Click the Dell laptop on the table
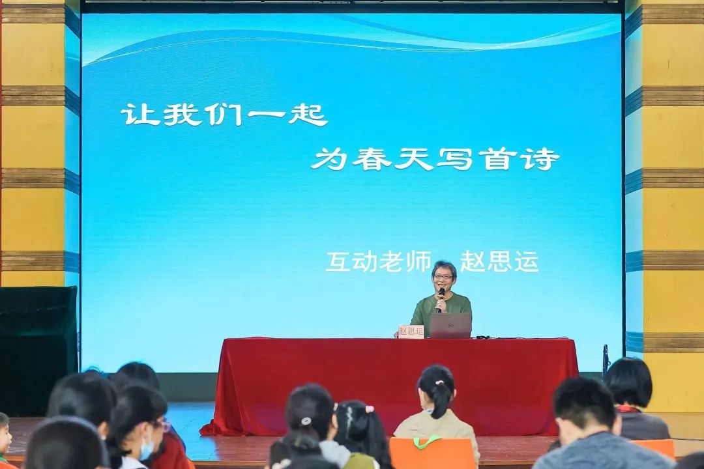(x=451, y=326)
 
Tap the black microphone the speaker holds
(x=441, y=297)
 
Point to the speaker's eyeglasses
(x=443, y=277)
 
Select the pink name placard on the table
(x=411, y=331)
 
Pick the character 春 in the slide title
(x=372, y=159)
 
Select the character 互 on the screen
(x=338, y=262)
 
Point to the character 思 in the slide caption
(x=499, y=262)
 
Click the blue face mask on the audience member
(x=146, y=449)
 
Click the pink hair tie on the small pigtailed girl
(x=370, y=409)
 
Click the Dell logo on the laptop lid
(x=451, y=324)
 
